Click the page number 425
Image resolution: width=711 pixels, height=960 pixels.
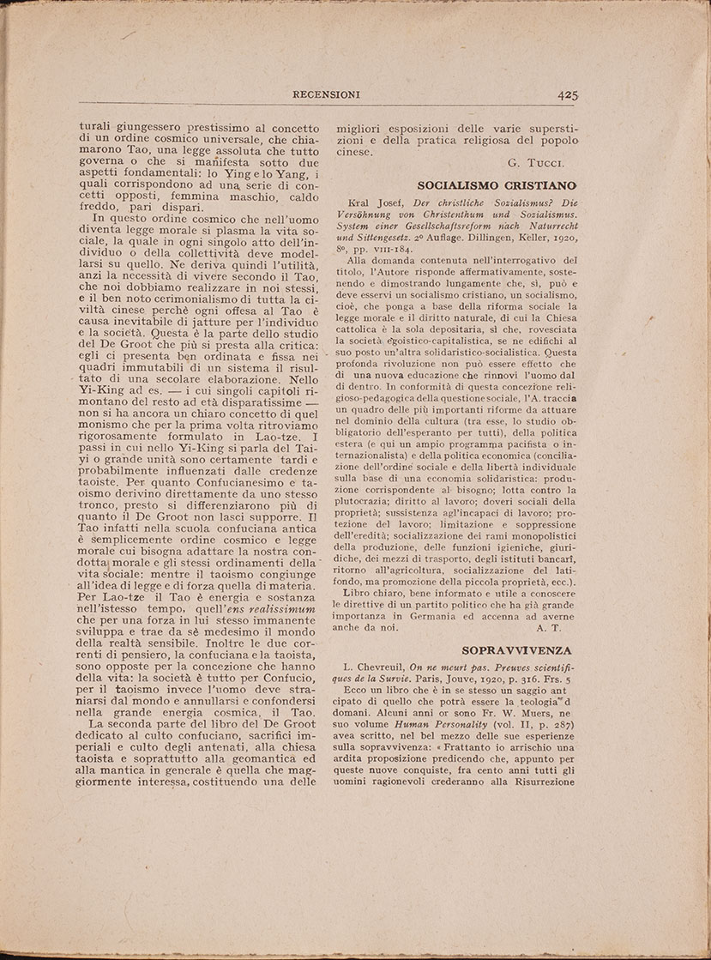coord(568,95)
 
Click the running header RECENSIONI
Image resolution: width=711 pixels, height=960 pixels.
coord(326,94)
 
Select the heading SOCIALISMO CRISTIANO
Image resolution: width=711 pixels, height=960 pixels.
coord(497,184)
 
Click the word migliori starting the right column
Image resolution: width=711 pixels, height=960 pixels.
coord(360,124)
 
